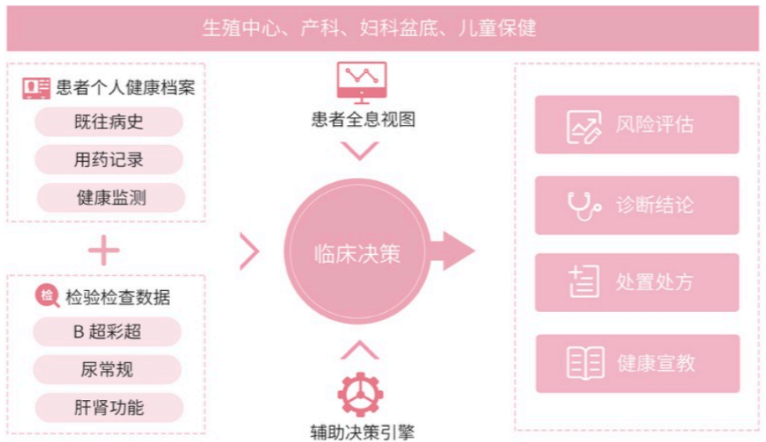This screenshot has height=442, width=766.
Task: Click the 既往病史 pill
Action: point(108,122)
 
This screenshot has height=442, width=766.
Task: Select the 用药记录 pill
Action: point(108,159)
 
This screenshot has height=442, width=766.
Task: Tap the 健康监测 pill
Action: point(111,198)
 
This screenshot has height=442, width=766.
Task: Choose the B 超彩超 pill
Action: point(107,331)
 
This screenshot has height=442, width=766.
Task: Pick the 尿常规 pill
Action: point(107,369)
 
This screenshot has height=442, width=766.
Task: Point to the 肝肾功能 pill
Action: point(109,408)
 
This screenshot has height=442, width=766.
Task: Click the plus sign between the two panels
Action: point(104,250)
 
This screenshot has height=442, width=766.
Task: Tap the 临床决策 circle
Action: point(357,252)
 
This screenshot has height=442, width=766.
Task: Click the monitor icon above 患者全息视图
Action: point(361,82)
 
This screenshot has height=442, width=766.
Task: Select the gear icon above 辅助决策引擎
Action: point(360,394)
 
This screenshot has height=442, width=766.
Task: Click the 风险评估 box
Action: point(637,125)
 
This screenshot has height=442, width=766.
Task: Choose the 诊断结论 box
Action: point(637,205)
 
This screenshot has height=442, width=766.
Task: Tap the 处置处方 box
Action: point(637,282)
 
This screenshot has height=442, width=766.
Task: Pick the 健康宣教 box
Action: point(638,363)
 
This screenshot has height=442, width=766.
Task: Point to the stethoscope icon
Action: point(584,205)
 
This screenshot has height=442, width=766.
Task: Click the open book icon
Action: point(585,363)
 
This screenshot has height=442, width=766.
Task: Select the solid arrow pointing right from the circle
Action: point(452,251)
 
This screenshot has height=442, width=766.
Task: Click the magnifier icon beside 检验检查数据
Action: point(48,296)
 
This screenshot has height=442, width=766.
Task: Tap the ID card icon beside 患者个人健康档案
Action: point(36,88)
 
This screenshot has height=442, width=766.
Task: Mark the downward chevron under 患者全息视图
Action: point(360,151)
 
